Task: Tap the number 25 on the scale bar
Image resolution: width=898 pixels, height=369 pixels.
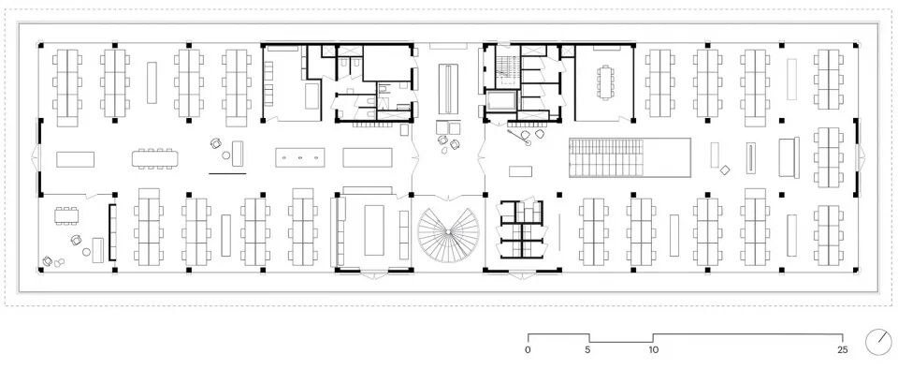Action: (x=842, y=349)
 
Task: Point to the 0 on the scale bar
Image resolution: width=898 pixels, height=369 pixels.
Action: (x=528, y=349)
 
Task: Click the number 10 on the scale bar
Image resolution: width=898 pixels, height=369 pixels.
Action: (x=652, y=349)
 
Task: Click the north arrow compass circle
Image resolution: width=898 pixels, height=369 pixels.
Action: (x=876, y=342)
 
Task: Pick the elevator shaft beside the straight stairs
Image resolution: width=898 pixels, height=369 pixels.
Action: (x=501, y=101)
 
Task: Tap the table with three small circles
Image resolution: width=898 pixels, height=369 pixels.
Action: (x=300, y=157)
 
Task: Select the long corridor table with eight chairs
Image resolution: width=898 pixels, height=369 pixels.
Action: (x=155, y=158)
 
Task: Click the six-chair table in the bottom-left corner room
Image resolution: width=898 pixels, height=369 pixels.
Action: (x=67, y=215)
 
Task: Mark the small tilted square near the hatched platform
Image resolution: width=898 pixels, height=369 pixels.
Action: (x=724, y=170)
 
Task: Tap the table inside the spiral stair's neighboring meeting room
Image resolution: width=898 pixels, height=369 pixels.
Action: (x=374, y=229)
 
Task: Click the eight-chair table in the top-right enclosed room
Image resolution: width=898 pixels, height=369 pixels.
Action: (x=604, y=82)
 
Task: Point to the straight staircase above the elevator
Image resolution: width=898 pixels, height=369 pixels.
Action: (x=509, y=72)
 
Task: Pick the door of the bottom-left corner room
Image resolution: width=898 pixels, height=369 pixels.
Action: (x=91, y=196)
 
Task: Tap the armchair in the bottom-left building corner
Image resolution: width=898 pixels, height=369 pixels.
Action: (x=48, y=261)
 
